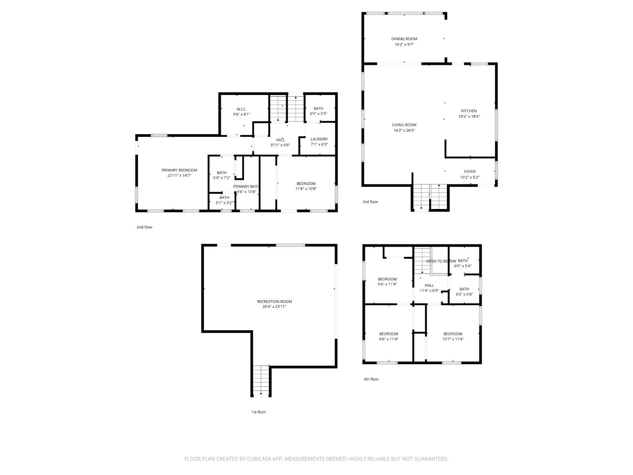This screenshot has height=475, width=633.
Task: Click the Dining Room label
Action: click(x=404, y=39)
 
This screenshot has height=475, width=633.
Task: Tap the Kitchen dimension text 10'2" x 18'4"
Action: click(x=469, y=117)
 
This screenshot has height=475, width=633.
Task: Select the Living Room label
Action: click(x=404, y=125)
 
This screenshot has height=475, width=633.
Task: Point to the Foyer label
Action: click(x=470, y=172)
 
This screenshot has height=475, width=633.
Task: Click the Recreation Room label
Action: click(x=274, y=301)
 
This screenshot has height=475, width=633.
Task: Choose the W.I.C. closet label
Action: click(x=241, y=109)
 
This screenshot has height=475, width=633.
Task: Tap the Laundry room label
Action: click(x=319, y=139)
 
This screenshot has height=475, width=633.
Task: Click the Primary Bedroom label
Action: click(x=179, y=170)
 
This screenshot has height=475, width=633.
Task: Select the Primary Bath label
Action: click(x=246, y=187)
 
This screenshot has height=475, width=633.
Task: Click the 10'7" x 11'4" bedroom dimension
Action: click(x=453, y=339)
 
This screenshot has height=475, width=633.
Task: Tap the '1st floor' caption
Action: click(x=258, y=412)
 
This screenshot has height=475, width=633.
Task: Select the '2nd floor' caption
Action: click(x=144, y=227)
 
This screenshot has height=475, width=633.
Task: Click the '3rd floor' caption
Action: click(x=370, y=202)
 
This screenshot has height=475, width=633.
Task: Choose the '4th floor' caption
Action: click(x=371, y=379)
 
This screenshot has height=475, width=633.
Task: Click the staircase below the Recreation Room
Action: click(x=261, y=381)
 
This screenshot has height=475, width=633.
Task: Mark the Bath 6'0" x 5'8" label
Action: click(x=464, y=289)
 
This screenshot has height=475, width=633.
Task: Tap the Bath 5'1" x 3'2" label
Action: click(x=224, y=198)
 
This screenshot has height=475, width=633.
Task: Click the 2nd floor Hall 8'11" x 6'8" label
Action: click(x=280, y=140)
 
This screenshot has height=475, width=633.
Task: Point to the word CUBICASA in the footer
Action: click(x=259, y=459)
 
